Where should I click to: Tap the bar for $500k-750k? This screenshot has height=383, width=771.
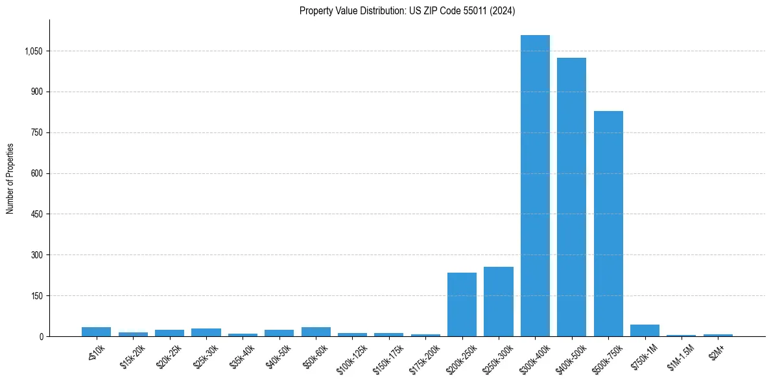[608, 223]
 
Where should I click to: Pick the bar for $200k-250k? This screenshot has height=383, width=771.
[462, 304]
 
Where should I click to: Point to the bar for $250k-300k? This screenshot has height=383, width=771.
[499, 302]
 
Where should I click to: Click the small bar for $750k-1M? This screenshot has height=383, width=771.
[645, 330]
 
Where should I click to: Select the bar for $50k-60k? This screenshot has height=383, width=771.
[316, 332]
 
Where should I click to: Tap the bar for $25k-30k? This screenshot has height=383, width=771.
[206, 332]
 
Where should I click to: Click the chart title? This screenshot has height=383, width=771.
[407, 11]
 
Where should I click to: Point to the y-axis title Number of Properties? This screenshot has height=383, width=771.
[10, 179]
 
